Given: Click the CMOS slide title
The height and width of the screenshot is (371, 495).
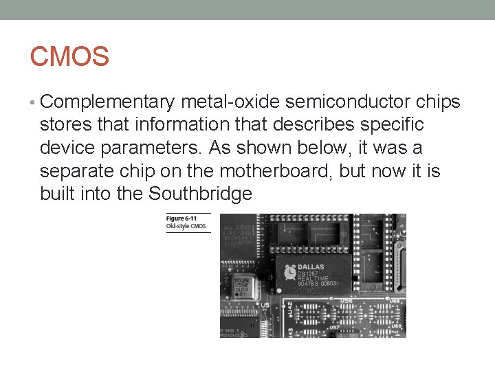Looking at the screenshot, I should pos(69,57).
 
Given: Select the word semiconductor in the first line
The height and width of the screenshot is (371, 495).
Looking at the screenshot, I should pos(346,102).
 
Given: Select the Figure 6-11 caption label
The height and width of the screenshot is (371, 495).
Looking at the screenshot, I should pos(181,218).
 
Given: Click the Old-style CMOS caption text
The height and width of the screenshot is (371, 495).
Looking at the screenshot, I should pos(186,226).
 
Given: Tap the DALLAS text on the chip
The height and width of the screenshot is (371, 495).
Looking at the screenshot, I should pos(311,267).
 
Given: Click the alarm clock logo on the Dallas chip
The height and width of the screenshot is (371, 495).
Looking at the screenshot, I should pos(291,269).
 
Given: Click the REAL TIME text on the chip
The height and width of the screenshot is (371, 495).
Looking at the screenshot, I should pos(312,278).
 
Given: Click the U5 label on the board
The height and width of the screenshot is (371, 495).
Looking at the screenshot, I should pos(265,304).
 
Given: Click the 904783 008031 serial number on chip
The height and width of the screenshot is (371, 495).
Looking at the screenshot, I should pos(318,283).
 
